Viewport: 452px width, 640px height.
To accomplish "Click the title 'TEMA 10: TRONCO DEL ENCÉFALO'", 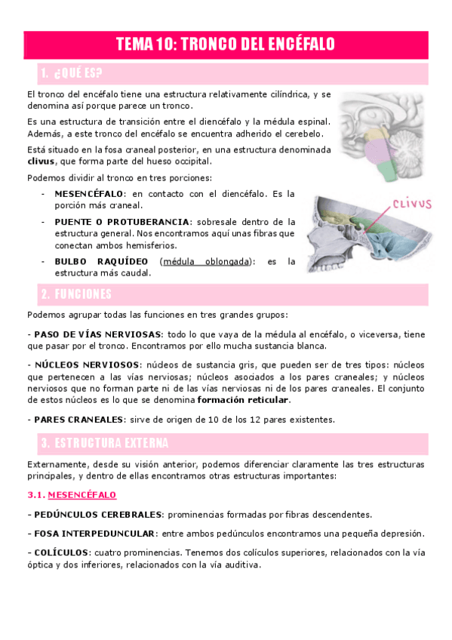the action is [x=226, y=45].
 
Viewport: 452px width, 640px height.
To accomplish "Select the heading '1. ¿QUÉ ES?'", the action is [x=72, y=73].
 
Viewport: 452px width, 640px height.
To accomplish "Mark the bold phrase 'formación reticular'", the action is [x=244, y=399].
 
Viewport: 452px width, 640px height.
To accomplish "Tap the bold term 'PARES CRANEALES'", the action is [x=75, y=419].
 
